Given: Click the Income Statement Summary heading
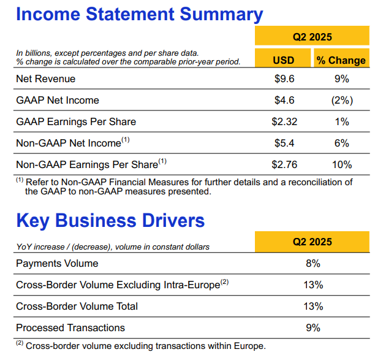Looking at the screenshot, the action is [140, 14].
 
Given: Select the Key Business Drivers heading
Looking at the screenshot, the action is [110, 221].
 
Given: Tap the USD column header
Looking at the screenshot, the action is [284, 60].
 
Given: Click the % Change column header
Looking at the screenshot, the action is [341, 60].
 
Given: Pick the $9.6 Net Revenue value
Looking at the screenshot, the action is [284, 79].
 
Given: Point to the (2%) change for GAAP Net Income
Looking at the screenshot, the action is [342, 101].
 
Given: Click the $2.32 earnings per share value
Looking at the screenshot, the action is [284, 121].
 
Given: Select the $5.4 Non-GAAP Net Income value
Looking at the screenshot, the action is [284, 143].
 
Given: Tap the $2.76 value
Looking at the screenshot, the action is [284, 165].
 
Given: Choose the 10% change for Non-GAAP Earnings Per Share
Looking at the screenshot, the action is [342, 165].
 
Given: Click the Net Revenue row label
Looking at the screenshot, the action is [46, 79].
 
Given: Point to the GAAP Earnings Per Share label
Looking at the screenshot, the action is [76, 122].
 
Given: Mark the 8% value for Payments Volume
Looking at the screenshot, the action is [313, 264].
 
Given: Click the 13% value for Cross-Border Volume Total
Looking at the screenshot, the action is [313, 307].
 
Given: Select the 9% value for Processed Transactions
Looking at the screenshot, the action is [313, 328].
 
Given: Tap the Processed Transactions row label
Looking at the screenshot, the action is [70, 328].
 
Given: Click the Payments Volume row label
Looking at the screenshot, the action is [57, 264].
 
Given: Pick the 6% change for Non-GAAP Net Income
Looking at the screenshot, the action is [342, 143].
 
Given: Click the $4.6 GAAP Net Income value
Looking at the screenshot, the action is [284, 101].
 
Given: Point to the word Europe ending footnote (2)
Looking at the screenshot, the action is [249, 346].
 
